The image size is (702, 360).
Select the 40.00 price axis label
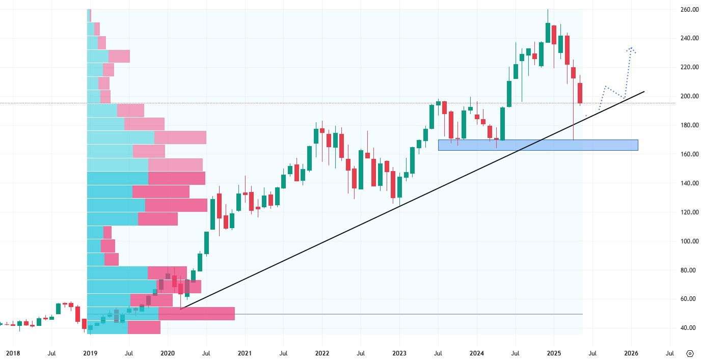pyautogui.click(x=689, y=328)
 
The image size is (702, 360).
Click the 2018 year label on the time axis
pyautogui.click(x=13, y=353)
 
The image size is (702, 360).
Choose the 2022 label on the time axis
pyautogui.click(x=322, y=353)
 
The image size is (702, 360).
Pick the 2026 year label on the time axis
pyautogui.click(x=631, y=353)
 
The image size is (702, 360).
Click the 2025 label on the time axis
pyautogui.click(x=554, y=353)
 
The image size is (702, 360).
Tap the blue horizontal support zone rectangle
pyautogui.click(x=537, y=145)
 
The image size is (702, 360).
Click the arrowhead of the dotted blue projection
pyautogui.click(x=631, y=49)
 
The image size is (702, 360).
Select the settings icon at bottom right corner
pyautogui.click(x=690, y=353)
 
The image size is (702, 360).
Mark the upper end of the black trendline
pyautogui.click(x=644, y=92)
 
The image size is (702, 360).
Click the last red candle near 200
pyautogui.click(x=580, y=93)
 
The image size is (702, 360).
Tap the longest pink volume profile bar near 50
pyautogui.click(x=196, y=314)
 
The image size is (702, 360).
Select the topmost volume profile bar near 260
pyautogui.click(x=89, y=15)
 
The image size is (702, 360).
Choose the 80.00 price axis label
pyautogui.click(x=689, y=270)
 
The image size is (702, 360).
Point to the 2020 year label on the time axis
pyautogui.click(x=167, y=353)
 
